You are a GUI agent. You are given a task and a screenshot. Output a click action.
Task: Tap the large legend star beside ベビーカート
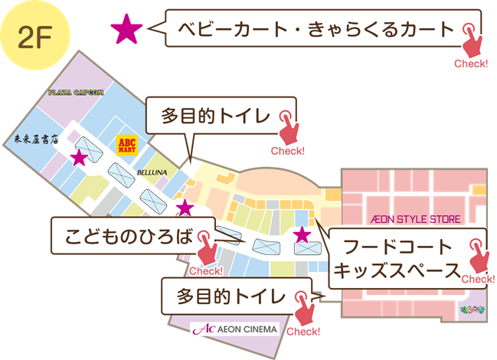[x=126, y=30]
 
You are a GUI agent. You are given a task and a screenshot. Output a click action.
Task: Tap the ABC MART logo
[x=126, y=145]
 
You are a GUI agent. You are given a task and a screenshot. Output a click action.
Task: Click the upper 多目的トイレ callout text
[x=215, y=116]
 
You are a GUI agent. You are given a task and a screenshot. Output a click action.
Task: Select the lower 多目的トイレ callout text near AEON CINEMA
[x=231, y=296]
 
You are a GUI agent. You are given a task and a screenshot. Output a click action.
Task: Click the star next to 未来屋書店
[x=79, y=158]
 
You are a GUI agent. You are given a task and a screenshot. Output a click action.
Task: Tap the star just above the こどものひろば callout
[x=185, y=207]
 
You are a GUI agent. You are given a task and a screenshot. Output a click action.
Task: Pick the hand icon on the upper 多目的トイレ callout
[x=289, y=126]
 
